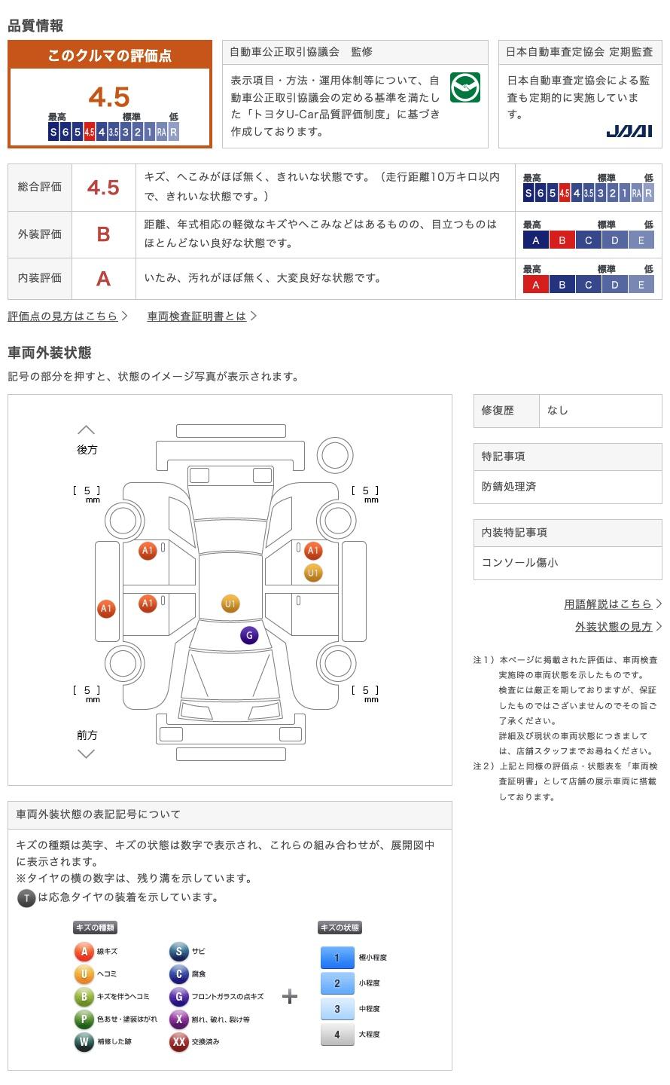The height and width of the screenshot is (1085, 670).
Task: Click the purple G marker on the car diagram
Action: click(x=249, y=635)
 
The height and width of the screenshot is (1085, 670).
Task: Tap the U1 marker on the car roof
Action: click(x=230, y=604)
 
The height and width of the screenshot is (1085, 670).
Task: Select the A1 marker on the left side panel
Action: click(x=106, y=608)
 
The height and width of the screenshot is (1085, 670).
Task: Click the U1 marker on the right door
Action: click(x=313, y=573)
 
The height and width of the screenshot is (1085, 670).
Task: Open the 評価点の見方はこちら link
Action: click(x=63, y=316)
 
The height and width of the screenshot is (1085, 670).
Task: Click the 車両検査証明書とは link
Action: click(x=196, y=316)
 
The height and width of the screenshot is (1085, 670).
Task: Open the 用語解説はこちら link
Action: click(x=608, y=604)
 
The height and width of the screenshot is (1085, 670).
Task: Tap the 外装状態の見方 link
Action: click(x=614, y=626)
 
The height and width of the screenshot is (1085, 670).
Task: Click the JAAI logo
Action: click(x=629, y=131)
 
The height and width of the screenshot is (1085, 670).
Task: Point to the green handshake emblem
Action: click(x=464, y=87)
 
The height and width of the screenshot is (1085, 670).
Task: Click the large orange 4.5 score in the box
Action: click(x=109, y=97)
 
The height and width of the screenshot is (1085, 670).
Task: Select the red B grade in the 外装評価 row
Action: click(x=103, y=234)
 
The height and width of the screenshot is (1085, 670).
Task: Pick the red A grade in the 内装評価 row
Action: click(x=103, y=279)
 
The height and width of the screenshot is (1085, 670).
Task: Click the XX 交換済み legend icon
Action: click(x=178, y=1041)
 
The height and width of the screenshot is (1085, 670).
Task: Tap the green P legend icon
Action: click(x=84, y=1019)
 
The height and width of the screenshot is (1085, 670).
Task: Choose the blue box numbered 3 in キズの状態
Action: click(x=337, y=1009)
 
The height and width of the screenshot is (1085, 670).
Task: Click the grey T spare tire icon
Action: click(x=26, y=898)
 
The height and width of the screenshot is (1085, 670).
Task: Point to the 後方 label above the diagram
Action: click(x=87, y=450)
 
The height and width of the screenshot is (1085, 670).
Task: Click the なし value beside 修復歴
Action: click(x=557, y=410)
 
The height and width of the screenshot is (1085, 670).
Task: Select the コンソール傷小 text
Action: click(x=519, y=562)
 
